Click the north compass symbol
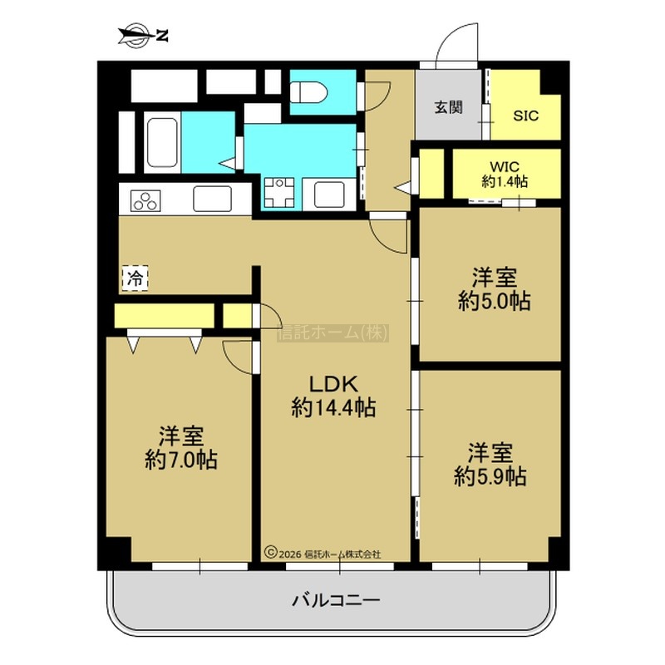[142, 36]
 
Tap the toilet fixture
[308, 92]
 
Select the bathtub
[162, 142]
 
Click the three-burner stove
[145, 200]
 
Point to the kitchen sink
[212, 199]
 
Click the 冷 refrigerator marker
[135, 278]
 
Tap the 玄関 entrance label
[448, 108]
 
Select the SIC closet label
[526, 116]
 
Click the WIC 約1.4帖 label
[505, 174]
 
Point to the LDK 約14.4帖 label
[334, 397]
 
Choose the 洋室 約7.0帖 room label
[181, 448]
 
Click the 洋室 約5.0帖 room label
[495, 289]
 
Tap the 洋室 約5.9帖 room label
[490, 464]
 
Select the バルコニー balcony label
[336, 600]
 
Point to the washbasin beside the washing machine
[329, 195]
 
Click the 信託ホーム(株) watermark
[333, 333]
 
